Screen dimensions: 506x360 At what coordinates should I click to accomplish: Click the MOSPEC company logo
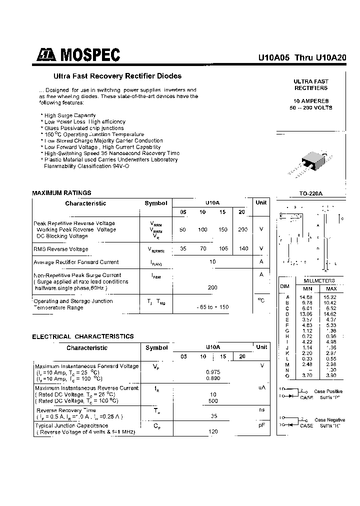(77, 55)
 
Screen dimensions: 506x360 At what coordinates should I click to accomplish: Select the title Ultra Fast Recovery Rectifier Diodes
(117, 76)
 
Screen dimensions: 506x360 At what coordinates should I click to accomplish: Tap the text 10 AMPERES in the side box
(310, 101)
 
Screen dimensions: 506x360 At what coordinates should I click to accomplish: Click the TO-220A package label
(310, 193)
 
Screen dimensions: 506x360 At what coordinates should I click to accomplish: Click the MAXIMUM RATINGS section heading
(61, 192)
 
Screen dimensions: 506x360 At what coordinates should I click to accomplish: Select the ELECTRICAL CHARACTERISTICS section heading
(83, 336)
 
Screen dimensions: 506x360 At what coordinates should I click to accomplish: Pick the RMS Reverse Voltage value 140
(243, 248)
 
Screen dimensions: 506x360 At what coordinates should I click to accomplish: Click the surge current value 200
(212, 288)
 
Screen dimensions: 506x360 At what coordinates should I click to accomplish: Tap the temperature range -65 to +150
(212, 307)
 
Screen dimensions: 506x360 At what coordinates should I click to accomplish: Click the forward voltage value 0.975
(213, 372)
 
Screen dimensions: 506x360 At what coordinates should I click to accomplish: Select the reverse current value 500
(213, 401)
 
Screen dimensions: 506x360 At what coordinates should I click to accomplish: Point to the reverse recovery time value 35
(213, 415)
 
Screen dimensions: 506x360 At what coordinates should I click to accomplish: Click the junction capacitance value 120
(213, 431)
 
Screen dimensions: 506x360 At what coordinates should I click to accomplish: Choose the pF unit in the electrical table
(261, 425)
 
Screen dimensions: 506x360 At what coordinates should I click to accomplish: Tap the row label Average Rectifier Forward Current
(76, 262)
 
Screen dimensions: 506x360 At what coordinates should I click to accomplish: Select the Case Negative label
(329, 420)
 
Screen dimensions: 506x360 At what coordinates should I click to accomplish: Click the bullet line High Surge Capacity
(70, 115)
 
